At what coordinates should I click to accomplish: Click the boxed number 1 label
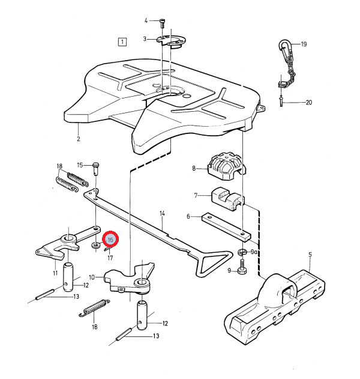tap(122, 42)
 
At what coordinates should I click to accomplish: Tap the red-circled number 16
tap(110, 240)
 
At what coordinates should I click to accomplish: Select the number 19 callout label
tap(304, 44)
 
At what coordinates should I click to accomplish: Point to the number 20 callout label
tap(309, 103)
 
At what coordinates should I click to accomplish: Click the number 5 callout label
tap(310, 255)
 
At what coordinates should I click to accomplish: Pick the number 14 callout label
tap(162, 213)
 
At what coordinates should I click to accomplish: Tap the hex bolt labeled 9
tap(242, 270)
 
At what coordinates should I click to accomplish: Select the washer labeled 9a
tap(243, 251)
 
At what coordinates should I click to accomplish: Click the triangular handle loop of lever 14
tap(214, 260)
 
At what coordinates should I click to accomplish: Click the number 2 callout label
tap(78, 139)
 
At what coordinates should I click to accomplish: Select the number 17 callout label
tap(110, 258)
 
